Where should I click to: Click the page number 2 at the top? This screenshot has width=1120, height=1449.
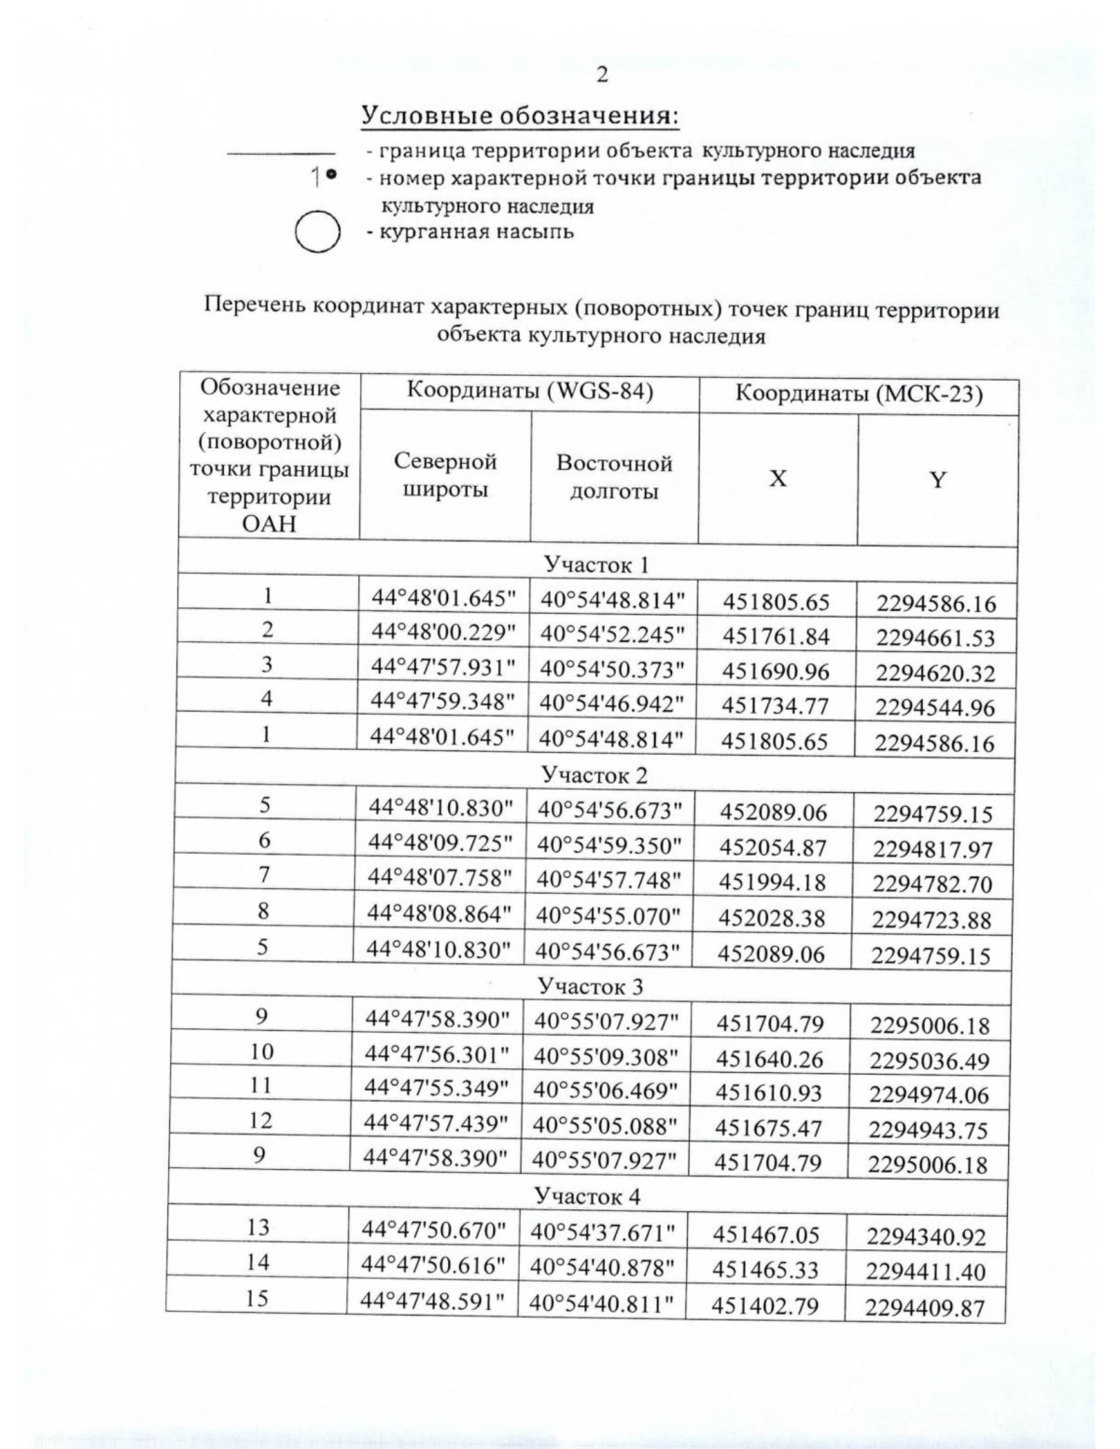[x=601, y=74]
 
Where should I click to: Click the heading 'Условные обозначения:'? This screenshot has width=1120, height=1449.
[x=520, y=117]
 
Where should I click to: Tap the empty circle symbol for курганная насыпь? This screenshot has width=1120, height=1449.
[x=316, y=232]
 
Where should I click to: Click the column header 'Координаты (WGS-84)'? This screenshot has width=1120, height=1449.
[x=529, y=392]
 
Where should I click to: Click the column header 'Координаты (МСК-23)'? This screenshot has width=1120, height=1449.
[x=859, y=394]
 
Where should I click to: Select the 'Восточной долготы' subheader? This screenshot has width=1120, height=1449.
[x=614, y=477]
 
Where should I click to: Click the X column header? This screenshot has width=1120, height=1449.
[x=777, y=479]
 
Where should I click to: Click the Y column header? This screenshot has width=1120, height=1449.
[x=938, y=480]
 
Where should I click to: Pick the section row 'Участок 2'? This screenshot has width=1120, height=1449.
[x=595, y=775]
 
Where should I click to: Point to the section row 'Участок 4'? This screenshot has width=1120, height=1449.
[x=587, y=1196]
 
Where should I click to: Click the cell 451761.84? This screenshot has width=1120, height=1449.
[x=776, y=637]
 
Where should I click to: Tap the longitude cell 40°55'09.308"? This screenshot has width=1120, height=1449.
[x=605, y=1057]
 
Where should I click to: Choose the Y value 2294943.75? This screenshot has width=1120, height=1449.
[x=928, y=1130]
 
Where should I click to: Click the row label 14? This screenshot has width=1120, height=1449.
[x=258, y=1262]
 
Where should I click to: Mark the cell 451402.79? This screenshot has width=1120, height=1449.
[x=765, y=1305]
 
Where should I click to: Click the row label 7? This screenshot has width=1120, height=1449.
[x=265, y=875]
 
